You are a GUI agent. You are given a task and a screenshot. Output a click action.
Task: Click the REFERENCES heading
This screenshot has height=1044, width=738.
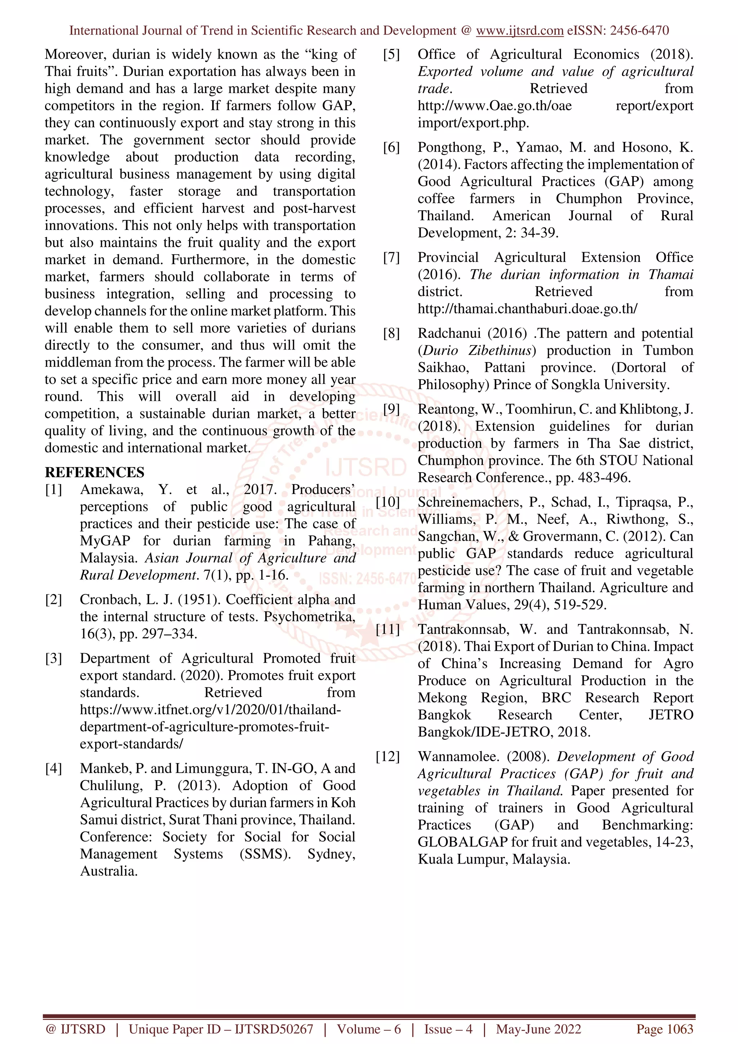coord(94,472)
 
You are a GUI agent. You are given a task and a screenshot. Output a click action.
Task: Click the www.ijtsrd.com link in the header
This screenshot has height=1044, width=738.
coord(519,31)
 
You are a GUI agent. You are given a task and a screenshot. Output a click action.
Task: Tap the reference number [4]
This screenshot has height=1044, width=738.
coord(53,768)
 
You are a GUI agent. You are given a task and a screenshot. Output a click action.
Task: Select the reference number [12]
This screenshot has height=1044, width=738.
coord(387,757)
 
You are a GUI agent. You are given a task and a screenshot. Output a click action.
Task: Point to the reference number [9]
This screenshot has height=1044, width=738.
coord(391,409)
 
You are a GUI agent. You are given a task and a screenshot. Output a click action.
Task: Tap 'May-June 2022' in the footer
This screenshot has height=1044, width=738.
coord(538,1029)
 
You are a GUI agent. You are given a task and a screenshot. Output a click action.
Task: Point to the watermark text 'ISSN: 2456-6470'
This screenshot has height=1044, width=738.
coord(368,579)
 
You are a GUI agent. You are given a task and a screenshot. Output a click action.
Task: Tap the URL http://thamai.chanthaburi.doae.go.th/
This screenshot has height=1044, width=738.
coord(528,309)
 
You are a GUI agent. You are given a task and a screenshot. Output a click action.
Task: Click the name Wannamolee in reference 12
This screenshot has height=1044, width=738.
coord(459,757)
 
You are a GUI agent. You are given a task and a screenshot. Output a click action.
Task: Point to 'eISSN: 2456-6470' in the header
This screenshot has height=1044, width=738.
coord(618,31)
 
